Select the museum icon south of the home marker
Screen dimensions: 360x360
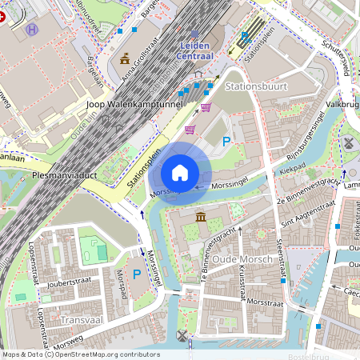(x=199, y=218)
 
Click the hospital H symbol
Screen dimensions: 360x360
(x=32, y=30)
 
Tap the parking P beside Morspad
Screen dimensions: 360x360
(x=137, y=274)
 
